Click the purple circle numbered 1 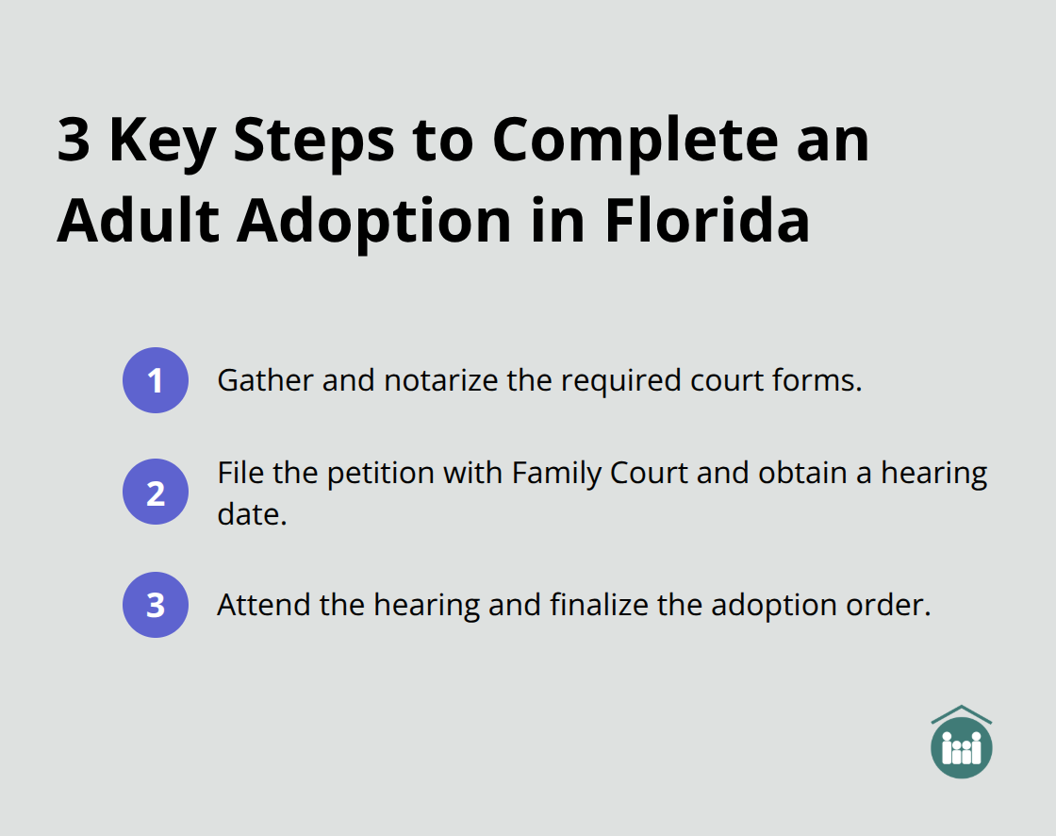[156, 380]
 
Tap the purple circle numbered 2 [156, 492]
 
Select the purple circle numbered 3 [156, 605]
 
